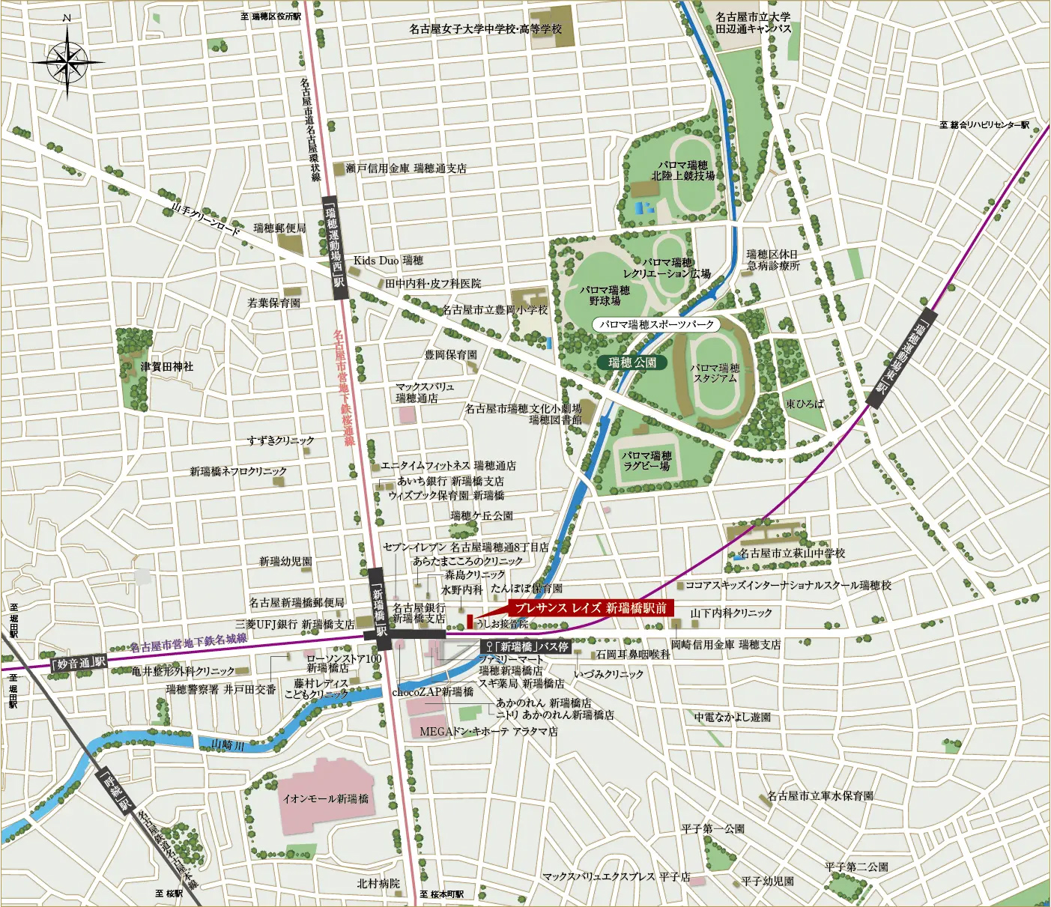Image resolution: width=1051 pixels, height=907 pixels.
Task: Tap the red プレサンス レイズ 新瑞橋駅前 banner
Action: point(591,608)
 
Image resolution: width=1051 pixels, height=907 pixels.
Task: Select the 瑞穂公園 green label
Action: point(631,363)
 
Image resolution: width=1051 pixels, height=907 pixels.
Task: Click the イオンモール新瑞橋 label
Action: point(325,799)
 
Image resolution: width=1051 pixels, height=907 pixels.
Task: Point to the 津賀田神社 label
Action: point(166,367)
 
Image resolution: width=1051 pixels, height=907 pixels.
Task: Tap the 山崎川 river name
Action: point(228,744)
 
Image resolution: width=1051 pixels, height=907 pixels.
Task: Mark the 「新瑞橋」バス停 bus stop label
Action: point(527,646)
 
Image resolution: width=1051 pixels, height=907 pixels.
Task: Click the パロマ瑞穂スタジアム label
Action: point(715,373)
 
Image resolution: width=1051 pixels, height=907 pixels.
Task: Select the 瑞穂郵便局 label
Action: point(279,228)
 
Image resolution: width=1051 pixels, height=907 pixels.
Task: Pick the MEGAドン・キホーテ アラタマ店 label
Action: point(488,732)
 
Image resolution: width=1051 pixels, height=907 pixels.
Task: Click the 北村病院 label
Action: point(378,884)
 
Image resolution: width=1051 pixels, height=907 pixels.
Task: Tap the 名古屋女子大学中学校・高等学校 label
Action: point(485,28)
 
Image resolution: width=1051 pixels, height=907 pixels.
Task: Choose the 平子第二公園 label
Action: point(856,867)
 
